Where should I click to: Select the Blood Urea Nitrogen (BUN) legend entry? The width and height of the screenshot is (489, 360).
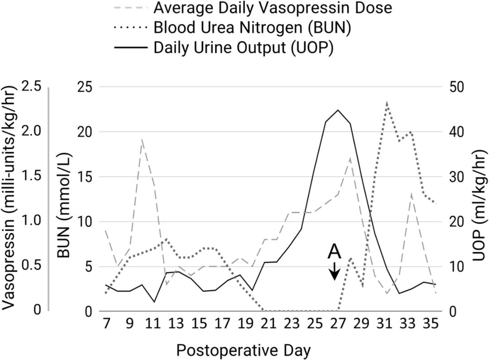coord(253,28)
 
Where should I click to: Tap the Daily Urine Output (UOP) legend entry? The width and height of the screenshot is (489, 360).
coord(244,48)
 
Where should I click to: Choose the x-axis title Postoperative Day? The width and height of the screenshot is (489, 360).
coord(244,350)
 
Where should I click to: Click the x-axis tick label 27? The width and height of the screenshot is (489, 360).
coord(338,325)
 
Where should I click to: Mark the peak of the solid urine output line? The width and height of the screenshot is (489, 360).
coord(338,110)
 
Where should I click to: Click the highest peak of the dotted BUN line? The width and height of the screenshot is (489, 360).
coord(387,102)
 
